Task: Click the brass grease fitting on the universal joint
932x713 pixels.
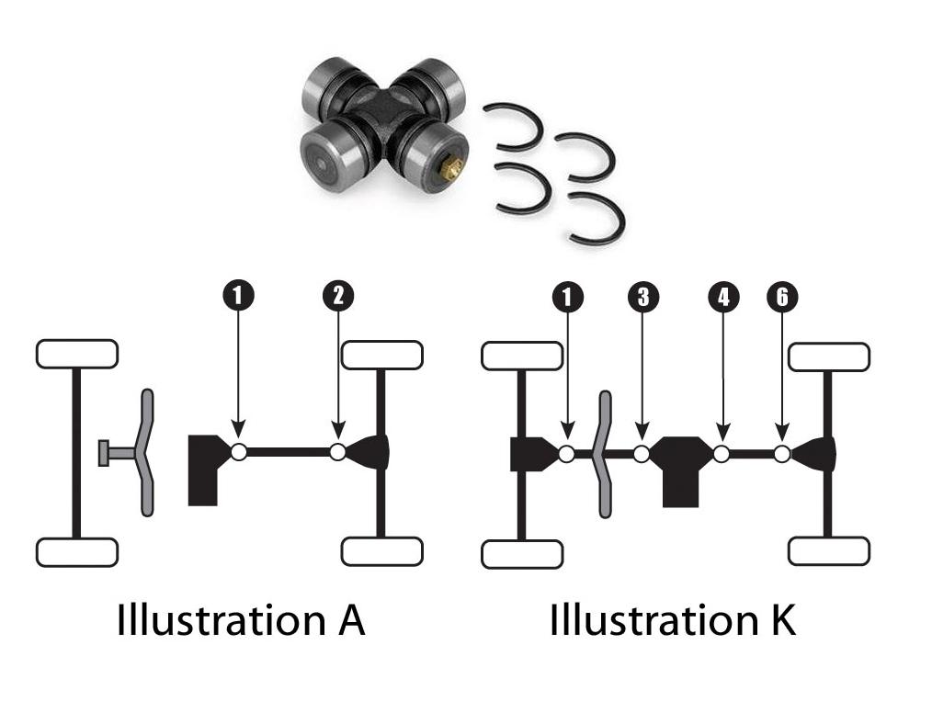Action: pyautogui.click(x=450, y=169)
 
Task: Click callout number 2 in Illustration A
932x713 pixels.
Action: pyautogui.click(x=338, y=295)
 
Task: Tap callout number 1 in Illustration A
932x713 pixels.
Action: pyautogui.click(x=238, y=295)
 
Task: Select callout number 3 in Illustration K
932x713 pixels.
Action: pyautogui.click(x=642, y=296)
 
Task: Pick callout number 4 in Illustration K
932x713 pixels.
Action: pyautogui.click(x=722, y=296)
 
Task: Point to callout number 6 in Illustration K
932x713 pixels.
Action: pyautogui.click(x=782, y=296)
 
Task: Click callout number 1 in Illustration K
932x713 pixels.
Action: pyautogui.click(x=567, y=296)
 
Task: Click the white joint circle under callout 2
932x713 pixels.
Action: pyautogui.click(x=338, y=452)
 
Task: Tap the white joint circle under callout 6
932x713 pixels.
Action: pyautogui.click(x=782, y=453)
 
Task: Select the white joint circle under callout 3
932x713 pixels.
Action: pyautogui.click(x=642, y=453)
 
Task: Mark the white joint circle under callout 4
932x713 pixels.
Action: pyautogui.click(x=722, y=453)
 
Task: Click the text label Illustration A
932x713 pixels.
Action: pyautogui.click(x=241, y=620)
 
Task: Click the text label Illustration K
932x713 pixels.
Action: pyautogui.click(x=672, y=620)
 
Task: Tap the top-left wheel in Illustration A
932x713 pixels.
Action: pyautogui.click(x=76, y=354)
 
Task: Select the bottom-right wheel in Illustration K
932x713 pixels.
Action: pyautogui.click(x=829, y=552)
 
